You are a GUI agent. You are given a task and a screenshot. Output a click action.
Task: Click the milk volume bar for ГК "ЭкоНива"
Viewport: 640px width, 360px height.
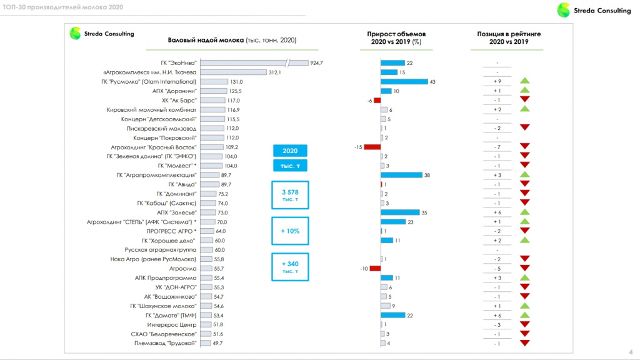tap(254, 63)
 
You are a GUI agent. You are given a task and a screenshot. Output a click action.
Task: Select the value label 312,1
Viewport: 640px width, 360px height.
tap(275, 72)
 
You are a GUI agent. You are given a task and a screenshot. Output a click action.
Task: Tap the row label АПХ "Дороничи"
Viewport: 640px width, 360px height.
tap(174, 91)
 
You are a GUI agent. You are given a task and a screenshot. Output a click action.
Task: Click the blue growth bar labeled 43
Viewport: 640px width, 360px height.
tap(404, 82)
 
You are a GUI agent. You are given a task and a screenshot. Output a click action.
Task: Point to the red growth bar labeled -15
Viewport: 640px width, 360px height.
tap(372, 147)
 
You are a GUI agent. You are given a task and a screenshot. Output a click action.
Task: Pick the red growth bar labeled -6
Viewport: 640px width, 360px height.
tap(377, 101)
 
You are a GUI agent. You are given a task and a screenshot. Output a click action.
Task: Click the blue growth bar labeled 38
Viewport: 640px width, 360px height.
tap(402, 175)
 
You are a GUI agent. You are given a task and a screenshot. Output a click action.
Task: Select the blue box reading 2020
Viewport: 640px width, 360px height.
tap(290, 151)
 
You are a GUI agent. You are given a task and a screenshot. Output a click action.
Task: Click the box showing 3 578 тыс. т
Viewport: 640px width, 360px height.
tap(290, 195)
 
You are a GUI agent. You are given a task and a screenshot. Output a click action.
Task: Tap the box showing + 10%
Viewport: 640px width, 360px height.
tap(290, 231)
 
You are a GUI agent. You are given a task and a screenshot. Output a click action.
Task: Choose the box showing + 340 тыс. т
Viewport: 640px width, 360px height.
tap(290, 267)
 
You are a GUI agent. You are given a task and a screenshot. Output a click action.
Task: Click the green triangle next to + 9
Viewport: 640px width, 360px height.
tap(524, 81)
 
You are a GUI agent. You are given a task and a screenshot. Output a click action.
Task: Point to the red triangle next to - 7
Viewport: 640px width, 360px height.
tap(524, 146)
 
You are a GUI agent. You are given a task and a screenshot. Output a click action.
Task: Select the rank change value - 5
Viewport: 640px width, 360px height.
tap(497, 269)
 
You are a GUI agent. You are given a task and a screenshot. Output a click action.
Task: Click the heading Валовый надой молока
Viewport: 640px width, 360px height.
tap(206, 40)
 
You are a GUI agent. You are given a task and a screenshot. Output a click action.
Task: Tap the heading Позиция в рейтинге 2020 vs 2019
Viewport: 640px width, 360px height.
tap(509, 37)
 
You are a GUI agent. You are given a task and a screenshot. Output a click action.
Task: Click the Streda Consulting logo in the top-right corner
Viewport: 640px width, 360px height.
tap(594, 10)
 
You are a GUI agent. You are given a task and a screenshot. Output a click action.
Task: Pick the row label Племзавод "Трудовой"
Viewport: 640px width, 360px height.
tap(165, 343)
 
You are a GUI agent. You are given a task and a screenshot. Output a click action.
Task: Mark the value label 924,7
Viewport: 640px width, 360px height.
tap(316, 63)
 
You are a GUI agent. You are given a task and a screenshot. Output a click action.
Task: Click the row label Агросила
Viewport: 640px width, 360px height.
tap(183, 269)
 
